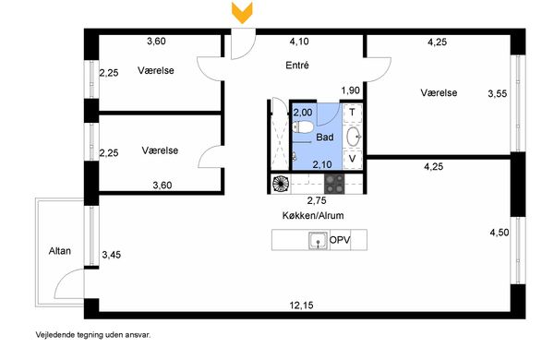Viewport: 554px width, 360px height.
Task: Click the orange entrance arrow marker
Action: (x=242, y=12)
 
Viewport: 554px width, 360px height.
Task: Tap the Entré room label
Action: (x=297, y=65)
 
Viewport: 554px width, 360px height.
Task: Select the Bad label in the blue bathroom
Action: (x=324, y=137)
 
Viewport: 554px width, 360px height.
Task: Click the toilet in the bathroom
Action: (x=303, y=127)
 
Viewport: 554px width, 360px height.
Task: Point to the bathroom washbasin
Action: (x=354, y=137)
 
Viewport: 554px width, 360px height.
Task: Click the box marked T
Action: (x=353, y=113)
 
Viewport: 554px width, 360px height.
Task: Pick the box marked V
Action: (x=353, y=159)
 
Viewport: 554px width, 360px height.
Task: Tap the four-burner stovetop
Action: (x=334, y=184)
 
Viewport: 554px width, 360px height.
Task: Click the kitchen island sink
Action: (x=318, y=241)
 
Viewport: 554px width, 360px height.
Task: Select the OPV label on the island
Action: (x=340, y=240)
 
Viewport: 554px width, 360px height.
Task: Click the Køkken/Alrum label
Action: (x=313, y=215)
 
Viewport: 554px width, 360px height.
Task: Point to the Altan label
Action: (x=60, y=251)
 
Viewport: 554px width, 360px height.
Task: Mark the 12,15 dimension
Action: (x=301, y=305)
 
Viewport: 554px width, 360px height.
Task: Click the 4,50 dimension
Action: (x=500, y=233)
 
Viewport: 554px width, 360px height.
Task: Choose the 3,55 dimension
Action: (x=498, y=93)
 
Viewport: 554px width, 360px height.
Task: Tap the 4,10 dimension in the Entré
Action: (x=299, y=42)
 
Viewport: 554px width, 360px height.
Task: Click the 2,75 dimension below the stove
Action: (x=317, y=200)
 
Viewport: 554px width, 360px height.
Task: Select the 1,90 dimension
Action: (x=351, y=90)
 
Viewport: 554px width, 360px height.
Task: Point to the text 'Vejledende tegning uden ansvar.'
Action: (x=93, y=334)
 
